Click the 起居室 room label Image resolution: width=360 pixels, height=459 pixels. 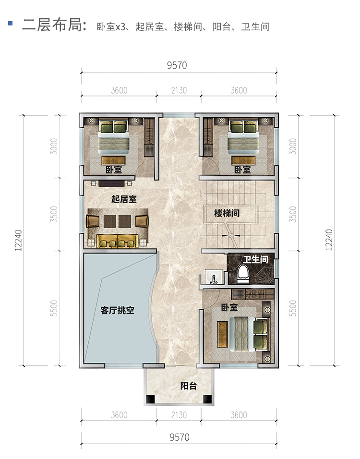coord(124,199)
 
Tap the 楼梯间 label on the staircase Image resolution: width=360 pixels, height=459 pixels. coord(227,213)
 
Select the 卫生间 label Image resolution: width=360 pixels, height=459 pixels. coord(256,259)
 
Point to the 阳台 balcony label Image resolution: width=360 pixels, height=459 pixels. coord(188,386)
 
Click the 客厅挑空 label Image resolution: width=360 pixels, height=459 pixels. coord(118,310)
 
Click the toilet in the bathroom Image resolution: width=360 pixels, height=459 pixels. coord(243,274)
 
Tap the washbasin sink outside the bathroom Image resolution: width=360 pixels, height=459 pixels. coord(214,277)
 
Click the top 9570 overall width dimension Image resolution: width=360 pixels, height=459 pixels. coord(177,65)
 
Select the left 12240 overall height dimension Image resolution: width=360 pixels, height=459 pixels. coord(18,240)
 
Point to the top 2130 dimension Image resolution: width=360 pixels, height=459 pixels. coord(179,90)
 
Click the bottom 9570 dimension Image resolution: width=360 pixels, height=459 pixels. coord(180,437)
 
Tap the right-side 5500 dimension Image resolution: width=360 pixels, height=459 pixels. coord(293,308)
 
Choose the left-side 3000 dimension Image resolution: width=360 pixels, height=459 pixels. coord(54,146)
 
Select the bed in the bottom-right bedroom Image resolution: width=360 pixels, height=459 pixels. coord(249,334)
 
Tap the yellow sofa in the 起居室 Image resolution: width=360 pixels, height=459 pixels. coord(118,241)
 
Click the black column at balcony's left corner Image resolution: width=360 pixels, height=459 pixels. coord(150,399)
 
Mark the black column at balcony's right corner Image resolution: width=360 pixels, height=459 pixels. coord(207,399)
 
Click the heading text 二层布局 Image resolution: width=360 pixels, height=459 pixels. coord(54,24)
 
